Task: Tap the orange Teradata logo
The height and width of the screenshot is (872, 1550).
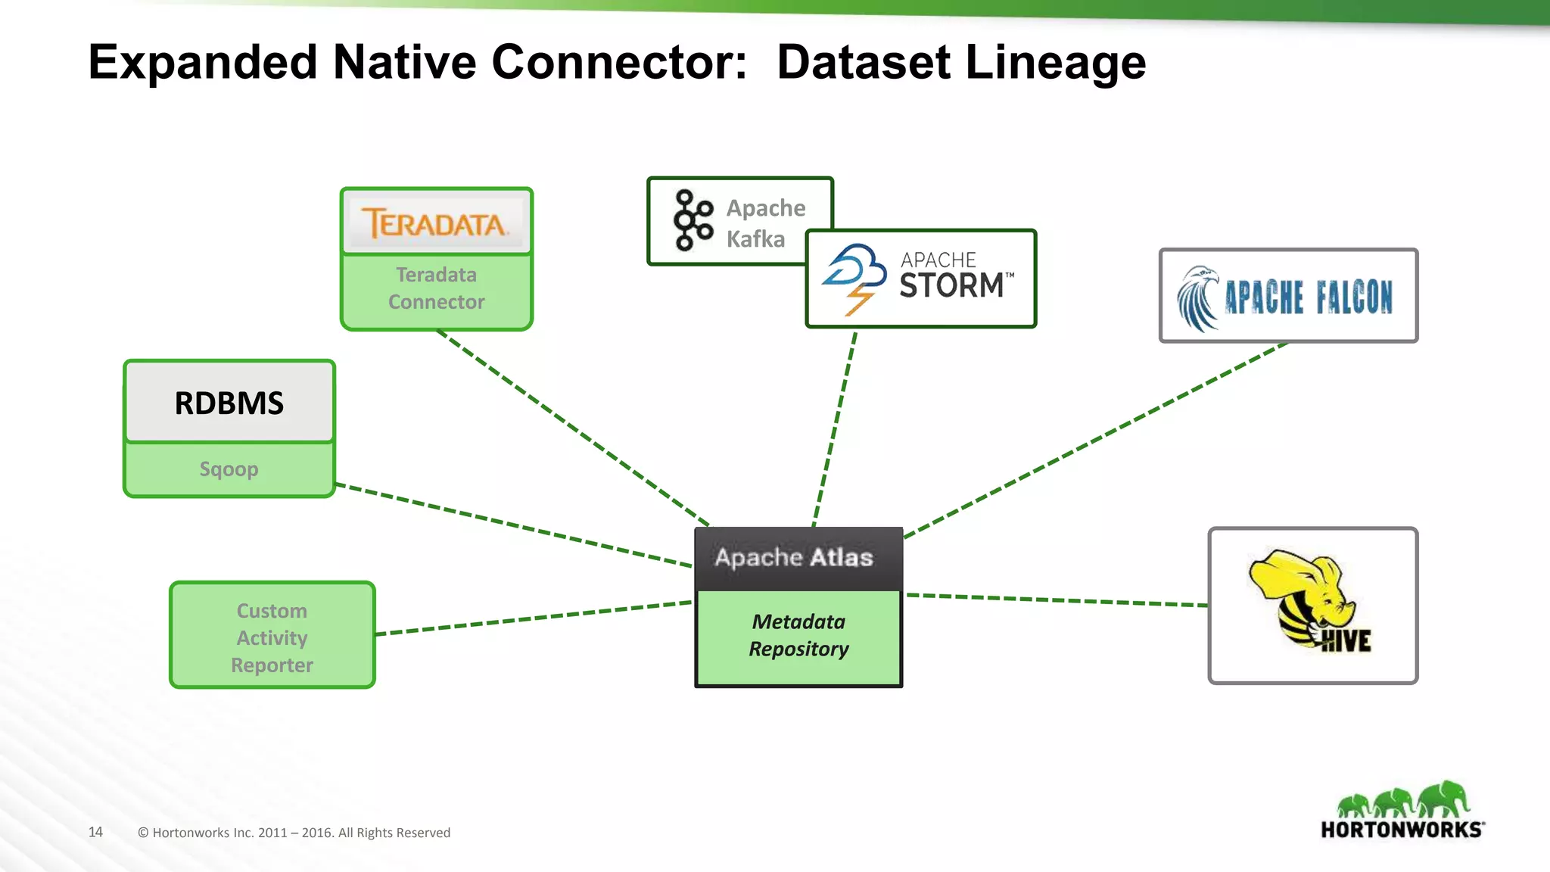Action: pyautogui.click(x=434, y=223)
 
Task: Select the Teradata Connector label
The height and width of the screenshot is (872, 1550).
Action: pyautogui.click(x=436, y=288)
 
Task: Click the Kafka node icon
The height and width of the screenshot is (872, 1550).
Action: pyautogui.click(x=692, y=220)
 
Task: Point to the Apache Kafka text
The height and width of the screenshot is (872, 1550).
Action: pyautogui.click(x=764, y=223)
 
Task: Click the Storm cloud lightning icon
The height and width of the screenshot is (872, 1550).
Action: pyautogui.click(x=854, y=278)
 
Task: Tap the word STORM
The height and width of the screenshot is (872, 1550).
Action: pyautogui.click(x=951, y=286)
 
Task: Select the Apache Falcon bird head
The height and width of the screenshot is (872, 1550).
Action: pyautogui.click(x=1199, y=297)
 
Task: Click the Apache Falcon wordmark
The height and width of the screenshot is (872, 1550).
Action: pyautogui.click(x=1309, y=297)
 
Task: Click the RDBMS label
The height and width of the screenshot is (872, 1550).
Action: pyautogui.click(x=229, y=403)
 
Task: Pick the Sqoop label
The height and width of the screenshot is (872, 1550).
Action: pyautogui.click(x=229, y=469)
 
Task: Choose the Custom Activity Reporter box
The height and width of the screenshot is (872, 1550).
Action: pyautogui.click(x=272, y=637)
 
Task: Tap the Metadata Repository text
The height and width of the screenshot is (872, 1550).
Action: pyautogui.click(x=798, y=636)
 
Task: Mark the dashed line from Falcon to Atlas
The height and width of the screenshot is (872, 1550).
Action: pyautogui.click(x=1097, y=439)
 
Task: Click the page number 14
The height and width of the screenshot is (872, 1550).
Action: pyautogui.click(x=95, y=832)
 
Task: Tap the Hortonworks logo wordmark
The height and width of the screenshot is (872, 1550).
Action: pyautogui.click(x=1401, y=830)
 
